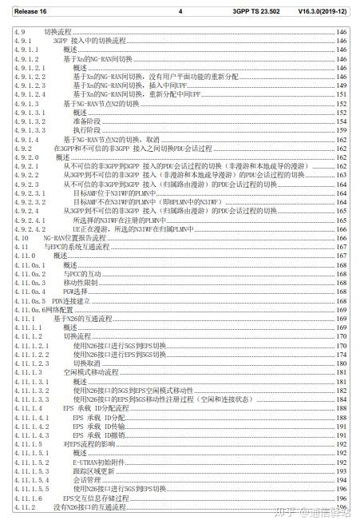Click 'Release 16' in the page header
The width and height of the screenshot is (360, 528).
point(31,11)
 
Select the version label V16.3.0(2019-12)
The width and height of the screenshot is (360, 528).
point(322,11)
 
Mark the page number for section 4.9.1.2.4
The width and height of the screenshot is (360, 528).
point(342,94)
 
